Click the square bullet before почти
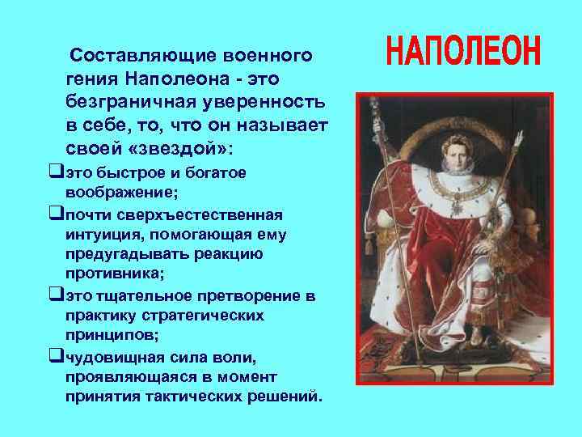click(56, 214)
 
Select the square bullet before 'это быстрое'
click(56, 172)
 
